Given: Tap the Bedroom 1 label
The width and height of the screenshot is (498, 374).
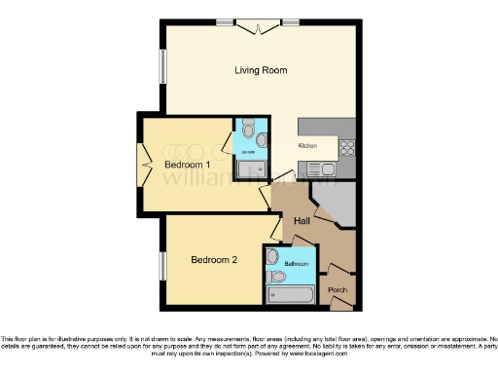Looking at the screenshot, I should tap(189, 165).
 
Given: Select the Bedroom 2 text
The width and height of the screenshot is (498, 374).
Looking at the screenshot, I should tap(214, 260).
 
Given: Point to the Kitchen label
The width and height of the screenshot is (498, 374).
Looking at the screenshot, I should tap(308, 145).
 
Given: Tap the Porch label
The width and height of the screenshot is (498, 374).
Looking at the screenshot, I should tap(338, 290).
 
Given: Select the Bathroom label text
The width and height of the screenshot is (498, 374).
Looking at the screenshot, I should tap(296, 264).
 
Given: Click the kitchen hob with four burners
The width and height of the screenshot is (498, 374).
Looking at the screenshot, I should tap(345, 148).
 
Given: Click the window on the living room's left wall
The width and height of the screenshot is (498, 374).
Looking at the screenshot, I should tap(162, 66).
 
